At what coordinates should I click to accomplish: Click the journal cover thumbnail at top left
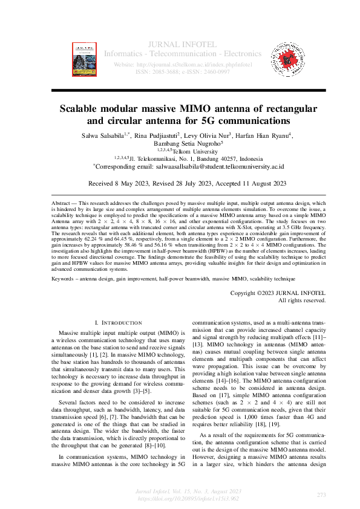coord(85,59)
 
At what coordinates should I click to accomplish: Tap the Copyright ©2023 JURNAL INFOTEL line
coord(278,293)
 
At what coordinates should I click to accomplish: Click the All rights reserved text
coord(302,300)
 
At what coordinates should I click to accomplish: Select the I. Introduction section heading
coord(118,323)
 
